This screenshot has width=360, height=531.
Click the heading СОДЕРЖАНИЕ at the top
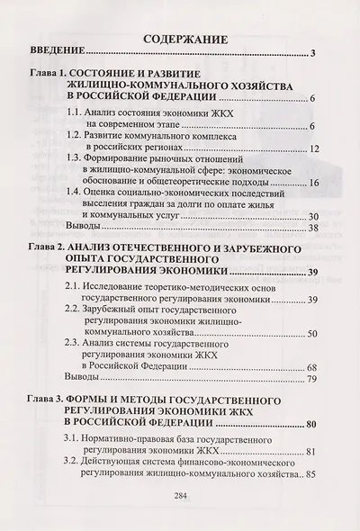tap(179, 40)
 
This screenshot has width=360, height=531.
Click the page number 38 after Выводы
tap(306, 229)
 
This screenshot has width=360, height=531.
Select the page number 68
tap(306, 367)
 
